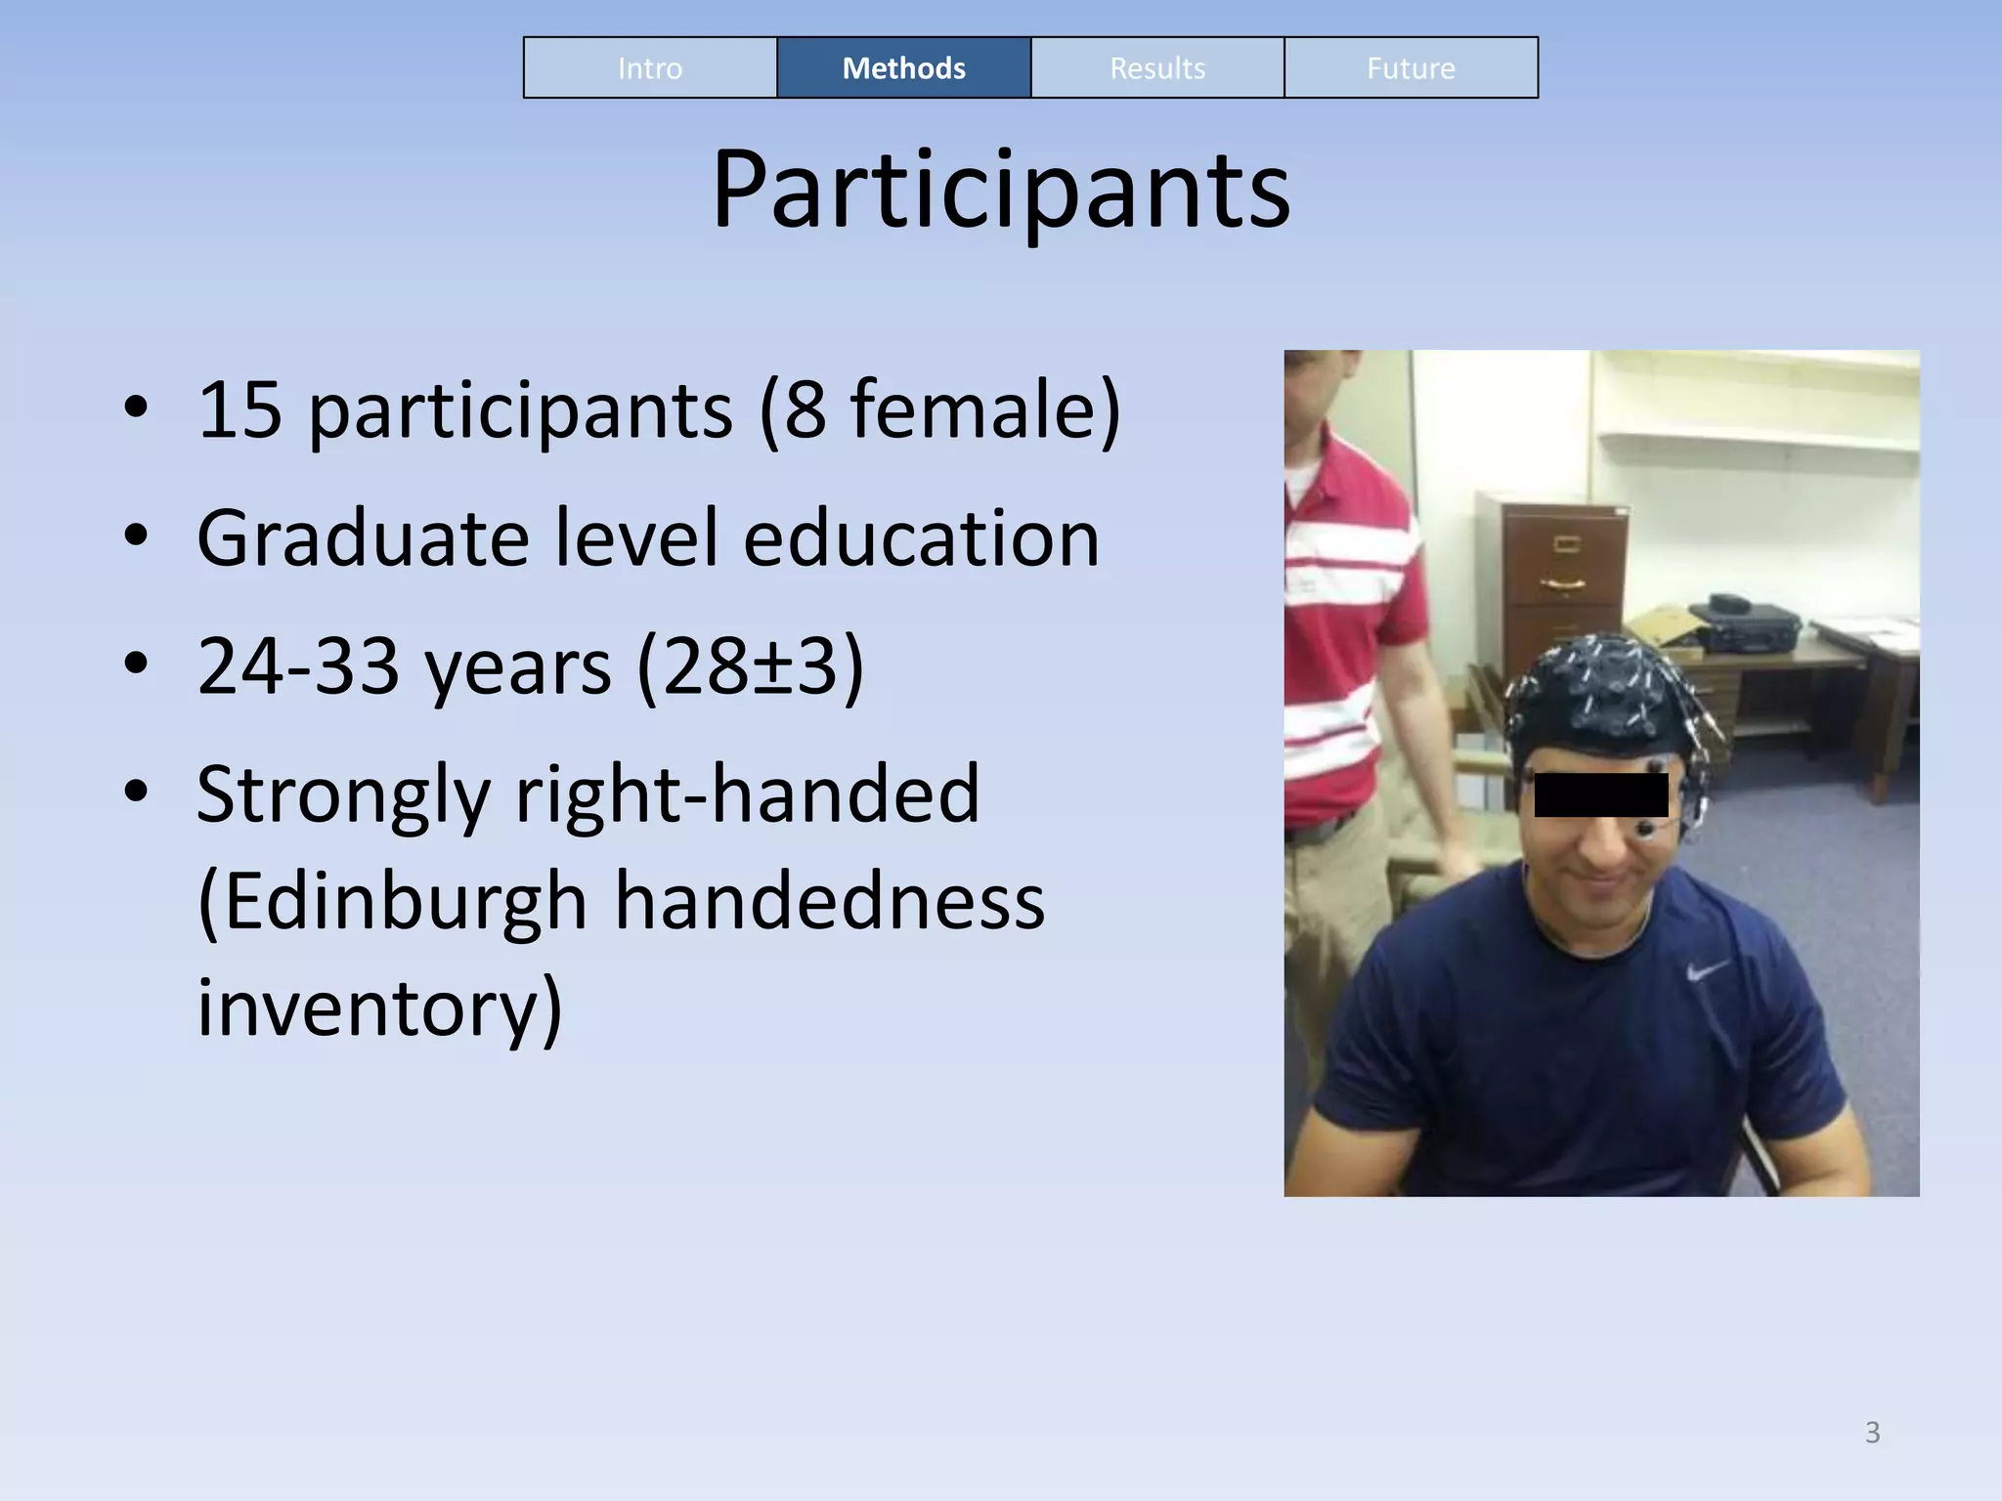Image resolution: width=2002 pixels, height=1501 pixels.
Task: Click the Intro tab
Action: pyautogui.click(x=650, y=68)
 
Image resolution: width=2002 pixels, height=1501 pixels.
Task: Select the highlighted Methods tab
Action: pyautogui.click(x=903, y=68)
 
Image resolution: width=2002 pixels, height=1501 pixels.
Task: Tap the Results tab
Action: pyautogui.click(x=1157, y=68)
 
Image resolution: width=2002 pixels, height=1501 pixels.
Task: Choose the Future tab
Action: pyautogui.click(x=1411, y=68)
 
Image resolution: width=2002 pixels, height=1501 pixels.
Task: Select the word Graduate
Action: pyautogui.click(x=362, y=538)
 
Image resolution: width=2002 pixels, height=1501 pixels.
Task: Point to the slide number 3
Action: pyautogui.click(x=1872, y=1433)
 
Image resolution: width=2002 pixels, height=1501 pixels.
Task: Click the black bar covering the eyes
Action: pyautogui.click(x=1600, y=794)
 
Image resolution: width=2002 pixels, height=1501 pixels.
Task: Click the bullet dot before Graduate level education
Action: pyautogui.click(x=136, y=536)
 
